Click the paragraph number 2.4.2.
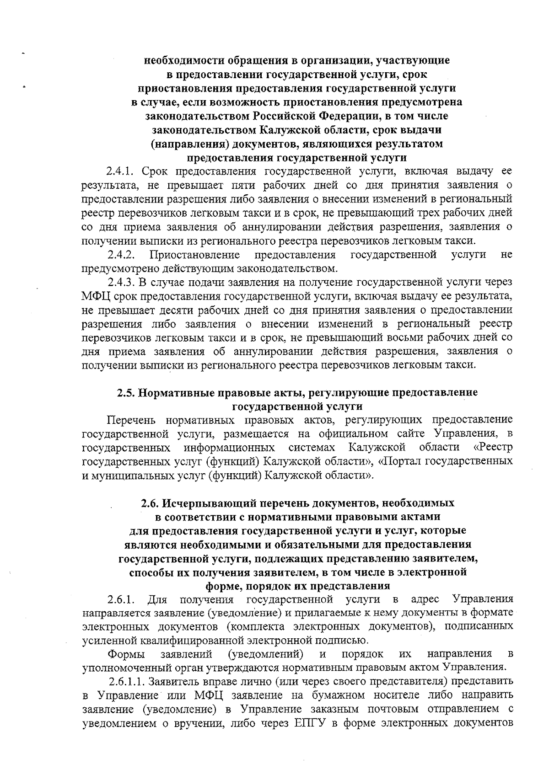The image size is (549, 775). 120,255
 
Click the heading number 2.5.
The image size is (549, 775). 126,392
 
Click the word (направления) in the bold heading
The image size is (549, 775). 189,144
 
